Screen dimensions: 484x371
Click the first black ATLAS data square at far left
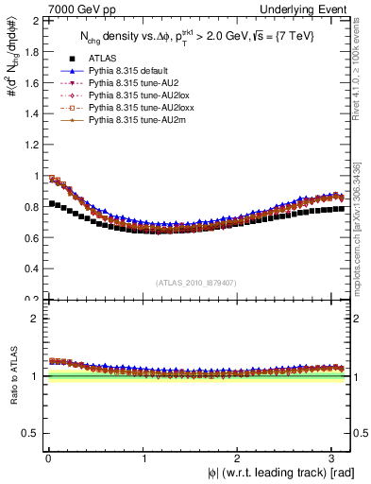click(x=51, y=203)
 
